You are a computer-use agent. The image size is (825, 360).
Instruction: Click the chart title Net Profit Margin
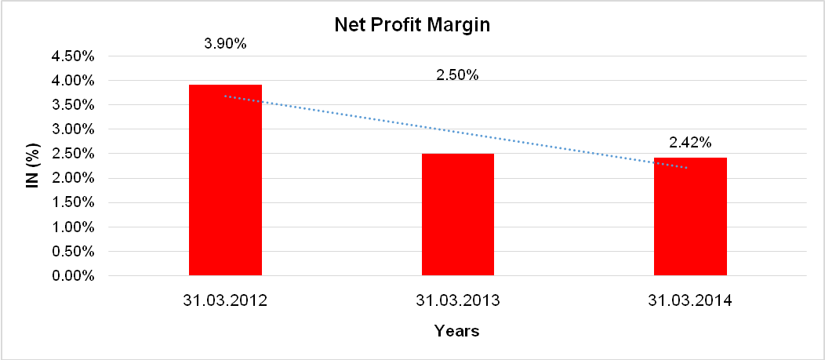[412, 25]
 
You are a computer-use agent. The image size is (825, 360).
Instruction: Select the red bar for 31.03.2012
[225, 180]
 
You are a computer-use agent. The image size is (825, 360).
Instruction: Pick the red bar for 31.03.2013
[458, 214]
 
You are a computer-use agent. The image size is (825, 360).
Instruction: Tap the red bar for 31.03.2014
[690, 216]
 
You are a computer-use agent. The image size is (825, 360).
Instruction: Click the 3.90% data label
[225, 44]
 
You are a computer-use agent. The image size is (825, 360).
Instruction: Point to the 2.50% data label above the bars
[457, 75]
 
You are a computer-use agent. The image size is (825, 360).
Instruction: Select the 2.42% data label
[690, 143]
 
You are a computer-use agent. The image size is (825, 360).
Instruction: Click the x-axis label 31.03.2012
[225, 300]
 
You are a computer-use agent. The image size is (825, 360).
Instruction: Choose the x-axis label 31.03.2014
[690, 300]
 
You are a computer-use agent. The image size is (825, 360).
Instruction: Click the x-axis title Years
[457, 331]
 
